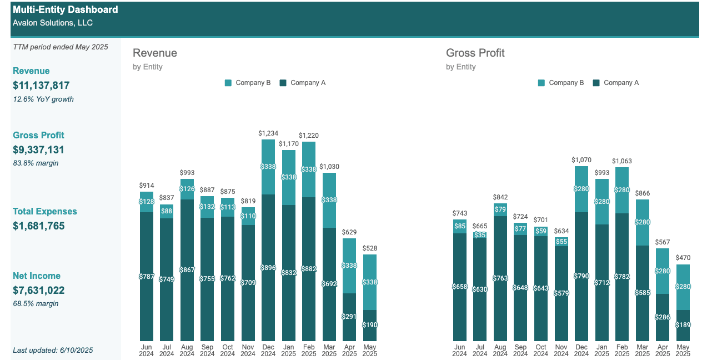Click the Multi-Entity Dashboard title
[x=66, y=9]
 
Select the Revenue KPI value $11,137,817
[x=41, y=85]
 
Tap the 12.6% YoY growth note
[x=43, y=99]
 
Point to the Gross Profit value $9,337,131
[x=38, y=149]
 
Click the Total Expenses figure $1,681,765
[x=38, y=226]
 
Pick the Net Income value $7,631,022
[x=38, y=290]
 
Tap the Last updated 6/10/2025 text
[x=53, y=350]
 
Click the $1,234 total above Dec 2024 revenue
[x=268, y=133]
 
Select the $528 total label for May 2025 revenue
[x=369, y=248]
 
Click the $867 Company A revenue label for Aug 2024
[x=187, y=270]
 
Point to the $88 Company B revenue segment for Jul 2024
[x=166, y=211]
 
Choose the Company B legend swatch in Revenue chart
[x=228, y=83]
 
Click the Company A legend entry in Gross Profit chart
[x=616, y=83]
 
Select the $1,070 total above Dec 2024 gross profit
[x=581, y=160]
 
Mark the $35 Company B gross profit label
[x=480, y=235]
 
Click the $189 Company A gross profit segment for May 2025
[x=683, y=325]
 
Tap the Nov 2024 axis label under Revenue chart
[x=248, y=350]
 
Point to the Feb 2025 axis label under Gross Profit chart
[x=622, y=350]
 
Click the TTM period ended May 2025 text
[x=61, y=47]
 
